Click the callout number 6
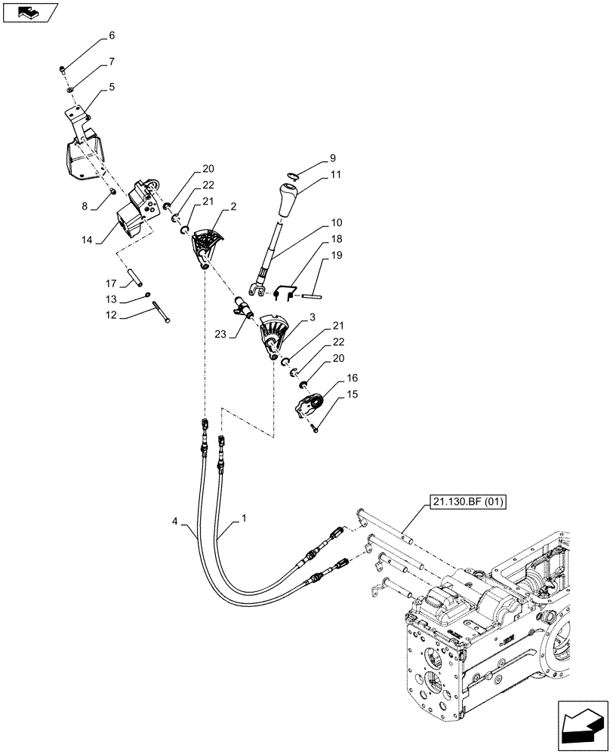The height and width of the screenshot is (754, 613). pos(112,35)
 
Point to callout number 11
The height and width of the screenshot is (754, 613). pos(335,174)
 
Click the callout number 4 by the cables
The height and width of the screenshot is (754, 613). pos(175,520)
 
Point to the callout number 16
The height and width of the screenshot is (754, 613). pos(353,377)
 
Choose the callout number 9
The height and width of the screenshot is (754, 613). pos(332,159)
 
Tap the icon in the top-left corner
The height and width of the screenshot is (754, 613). pos(30,12)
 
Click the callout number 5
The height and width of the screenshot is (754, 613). pos(112,87)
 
